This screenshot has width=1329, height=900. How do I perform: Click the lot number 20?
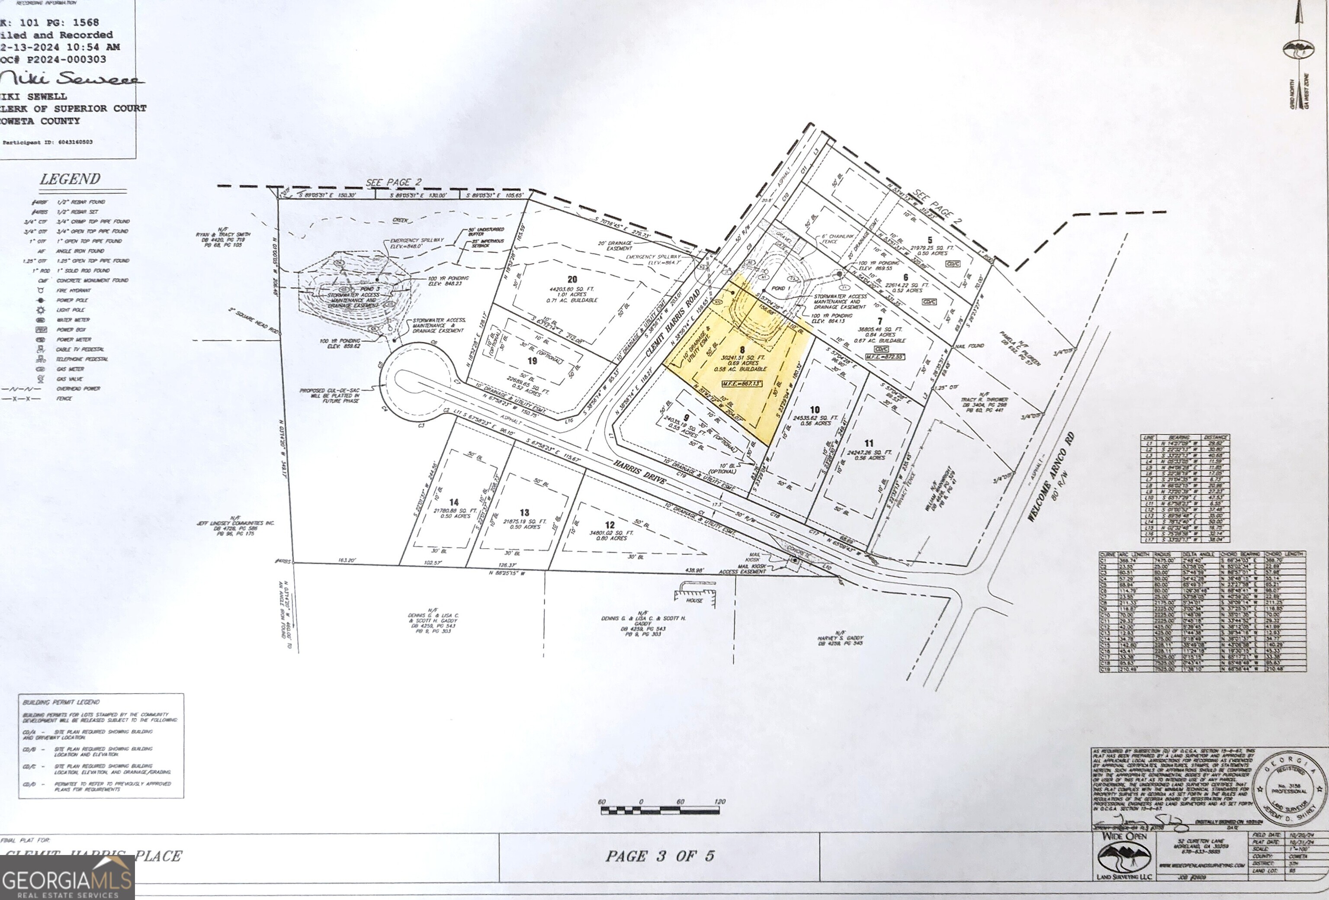(x=572, y=279)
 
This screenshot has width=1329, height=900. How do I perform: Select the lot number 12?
(x=610, y=524)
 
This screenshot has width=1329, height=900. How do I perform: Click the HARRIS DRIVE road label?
(x=640, y=472)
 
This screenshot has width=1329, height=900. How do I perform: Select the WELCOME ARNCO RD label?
(x=1050, y=477)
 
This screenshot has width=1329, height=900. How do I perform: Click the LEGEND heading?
(x=70, y=180)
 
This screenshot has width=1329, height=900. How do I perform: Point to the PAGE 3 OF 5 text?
(x=659, y=856)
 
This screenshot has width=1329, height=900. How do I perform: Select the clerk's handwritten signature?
(x=71, y=79)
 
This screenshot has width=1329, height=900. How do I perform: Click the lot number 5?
(x=929, y=240)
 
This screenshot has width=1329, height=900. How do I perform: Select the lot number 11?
(x=869, y=443)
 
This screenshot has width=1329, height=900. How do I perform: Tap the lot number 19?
(x=533, y=361)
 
